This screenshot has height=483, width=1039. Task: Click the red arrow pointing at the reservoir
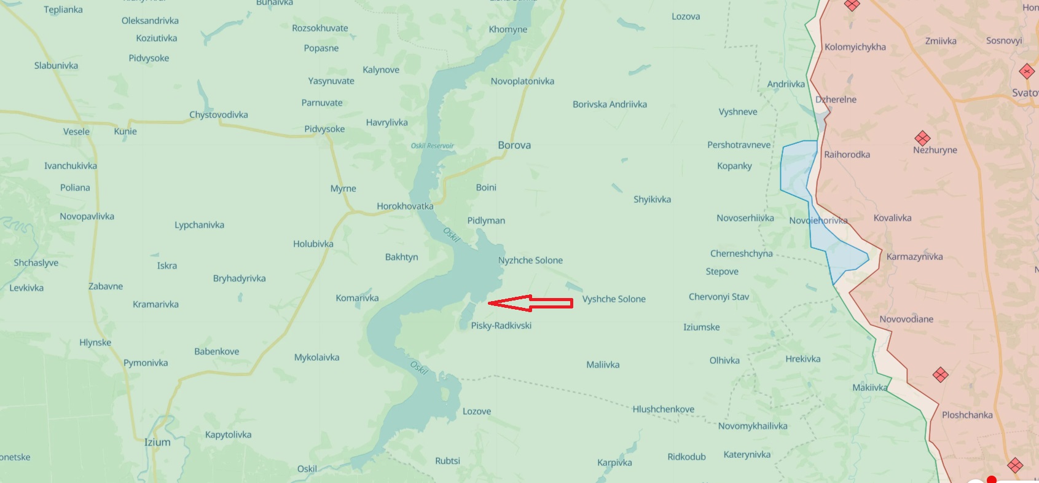click(530, 302)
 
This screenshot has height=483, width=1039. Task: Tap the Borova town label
click(514, 145)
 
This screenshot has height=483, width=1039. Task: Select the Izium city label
click(157, 442)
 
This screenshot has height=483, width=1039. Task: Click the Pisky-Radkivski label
click(501, 325)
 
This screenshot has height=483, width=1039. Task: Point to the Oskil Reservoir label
click(432, 146)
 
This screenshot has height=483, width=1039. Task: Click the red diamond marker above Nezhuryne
click(922, 138)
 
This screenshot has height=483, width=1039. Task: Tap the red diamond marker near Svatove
click(1027, 71)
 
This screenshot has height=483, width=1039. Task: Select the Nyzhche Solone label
click(530, 260)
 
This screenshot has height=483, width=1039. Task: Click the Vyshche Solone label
click(614, 299)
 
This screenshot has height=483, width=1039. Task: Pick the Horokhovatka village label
click(405, 206)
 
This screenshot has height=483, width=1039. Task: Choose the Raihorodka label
click(847, 154)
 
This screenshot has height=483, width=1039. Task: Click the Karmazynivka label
click(914, 256)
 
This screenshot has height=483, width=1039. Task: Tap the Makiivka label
click(869, 387)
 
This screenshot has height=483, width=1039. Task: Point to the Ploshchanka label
click(967, 415)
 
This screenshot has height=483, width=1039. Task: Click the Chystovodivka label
click(219, 114)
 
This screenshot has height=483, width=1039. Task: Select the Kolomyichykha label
click(855, 47)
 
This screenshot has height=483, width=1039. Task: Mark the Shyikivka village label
click(652, 199)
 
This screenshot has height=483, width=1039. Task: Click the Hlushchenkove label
click(663, 409)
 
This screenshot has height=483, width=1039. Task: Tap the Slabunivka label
click(56, 65)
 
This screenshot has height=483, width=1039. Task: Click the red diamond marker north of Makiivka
click(940, 374)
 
